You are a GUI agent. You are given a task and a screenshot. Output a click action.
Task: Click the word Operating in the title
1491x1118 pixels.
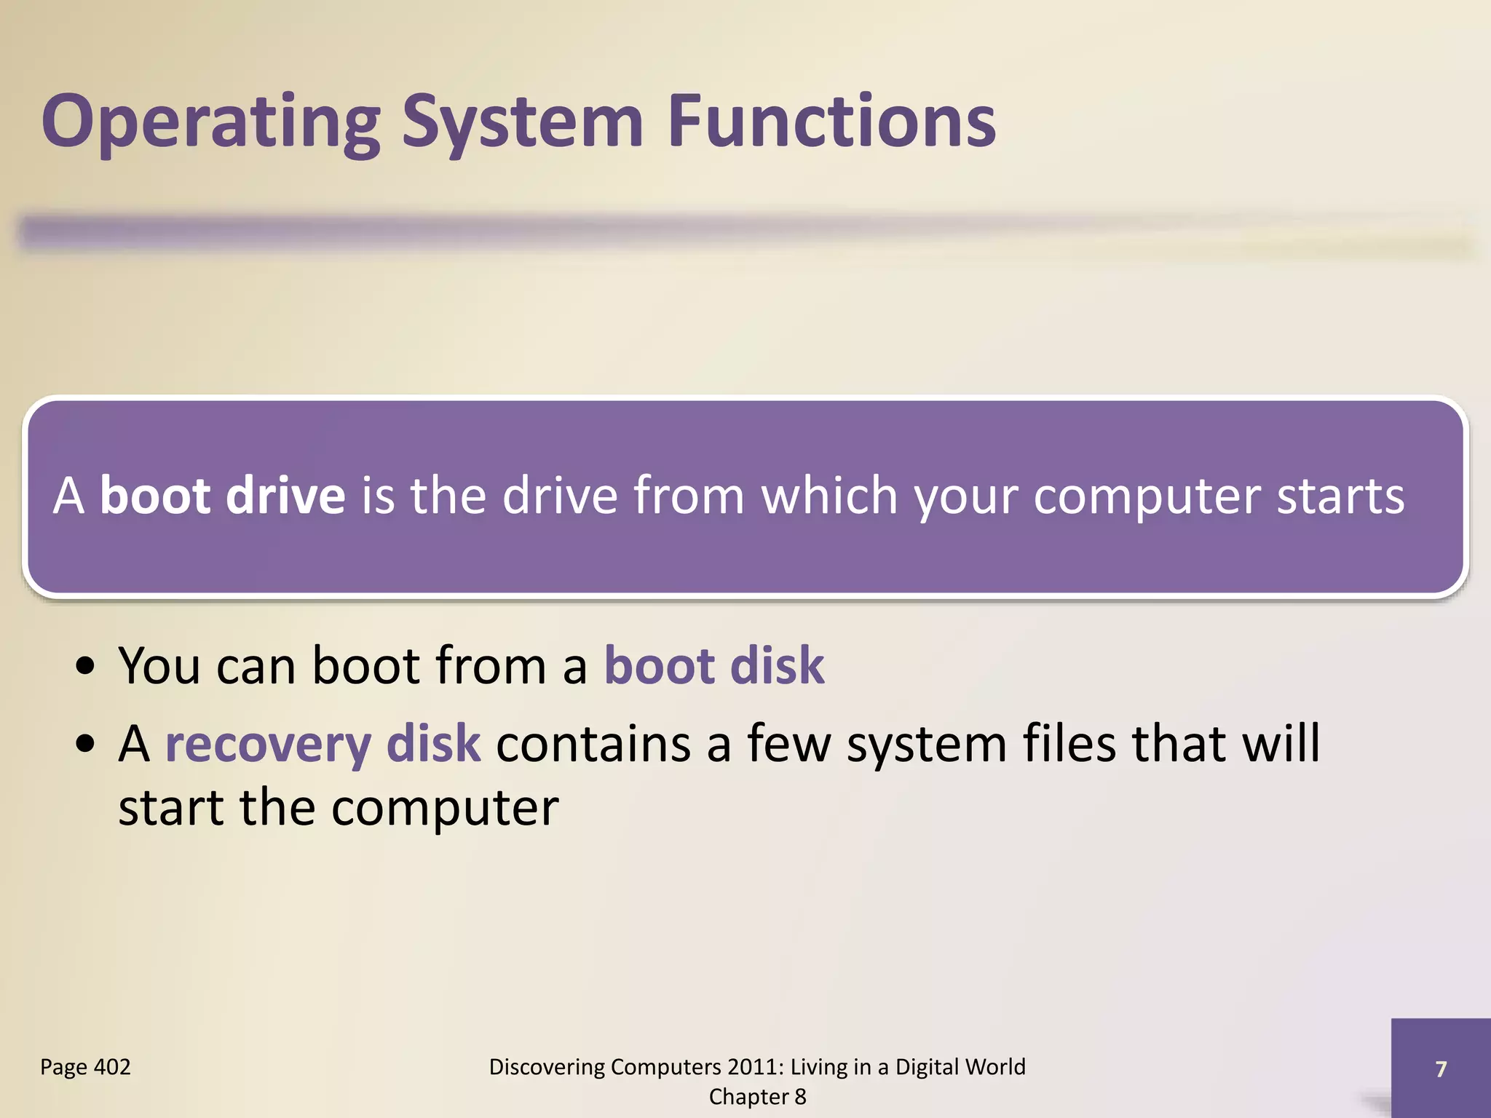pos(210,122)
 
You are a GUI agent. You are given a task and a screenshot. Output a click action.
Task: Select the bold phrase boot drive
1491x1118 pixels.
pos(222,496)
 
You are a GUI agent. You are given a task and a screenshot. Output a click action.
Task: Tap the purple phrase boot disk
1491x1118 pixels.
pos(714,665)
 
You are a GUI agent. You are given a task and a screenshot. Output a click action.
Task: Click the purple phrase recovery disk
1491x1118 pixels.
pos(323,745)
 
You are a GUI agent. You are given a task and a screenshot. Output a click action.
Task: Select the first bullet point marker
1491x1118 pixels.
pos(86,667)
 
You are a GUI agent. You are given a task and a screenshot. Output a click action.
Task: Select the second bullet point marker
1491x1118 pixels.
pos(86,745)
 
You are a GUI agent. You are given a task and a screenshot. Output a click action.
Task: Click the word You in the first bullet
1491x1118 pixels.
pos(159,665)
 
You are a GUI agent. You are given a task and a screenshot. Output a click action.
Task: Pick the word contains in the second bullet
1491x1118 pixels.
pos(593,744)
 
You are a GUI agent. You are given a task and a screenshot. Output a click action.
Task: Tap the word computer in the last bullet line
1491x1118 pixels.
pos(445,809)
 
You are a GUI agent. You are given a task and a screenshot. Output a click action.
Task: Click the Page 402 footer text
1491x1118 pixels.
pos(85,1067)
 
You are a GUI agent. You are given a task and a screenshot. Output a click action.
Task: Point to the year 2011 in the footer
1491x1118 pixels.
pos(756,1067)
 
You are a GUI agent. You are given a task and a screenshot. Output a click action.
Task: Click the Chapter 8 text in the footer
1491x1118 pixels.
pos(757,1097)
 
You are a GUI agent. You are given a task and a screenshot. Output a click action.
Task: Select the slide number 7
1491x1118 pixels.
pos(1440,1069)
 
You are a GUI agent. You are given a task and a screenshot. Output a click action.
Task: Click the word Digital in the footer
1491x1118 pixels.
pos(927,1067)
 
